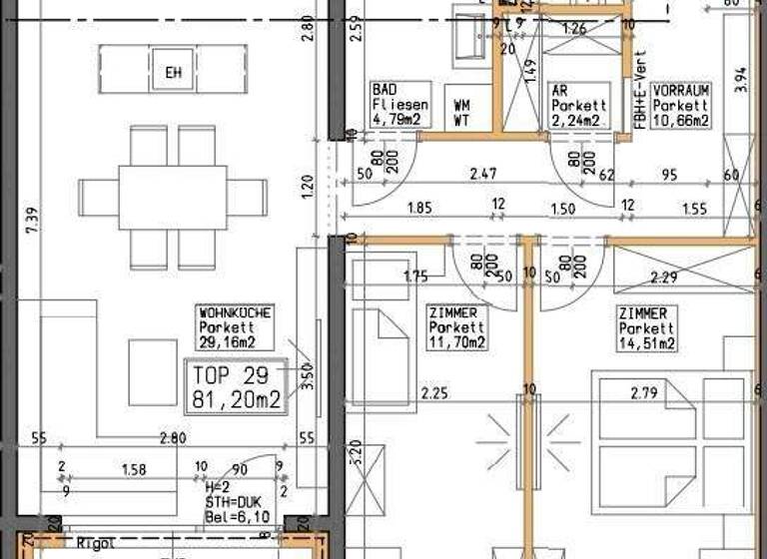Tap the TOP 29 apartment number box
click(x=236, y=387)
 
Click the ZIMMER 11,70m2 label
click(x=455, y=328)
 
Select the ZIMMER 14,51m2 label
click(x=647, y=328)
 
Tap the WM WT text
click(x=462, y=113)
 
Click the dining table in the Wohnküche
click(x=173, y=198)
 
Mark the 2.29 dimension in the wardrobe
click(x=666, y=278)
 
